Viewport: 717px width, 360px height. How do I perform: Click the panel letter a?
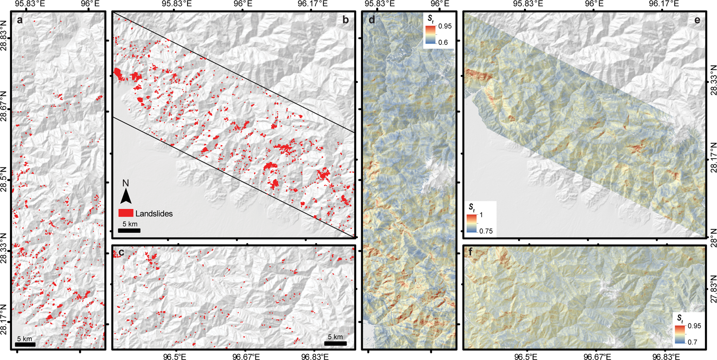[x=20, y=20]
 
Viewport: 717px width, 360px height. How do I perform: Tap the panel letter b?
[x=346, y=20]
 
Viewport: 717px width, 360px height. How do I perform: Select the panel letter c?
[x=121, y=252]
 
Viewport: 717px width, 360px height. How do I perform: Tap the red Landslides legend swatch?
[x=126, y=213]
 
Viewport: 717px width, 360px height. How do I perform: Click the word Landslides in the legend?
[x=154, y=213]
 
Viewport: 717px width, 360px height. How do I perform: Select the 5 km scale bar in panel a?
[x=26, y=344]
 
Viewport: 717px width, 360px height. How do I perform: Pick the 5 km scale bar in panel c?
[x=335, y=343]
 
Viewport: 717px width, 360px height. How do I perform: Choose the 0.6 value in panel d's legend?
[x=443, y=42]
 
